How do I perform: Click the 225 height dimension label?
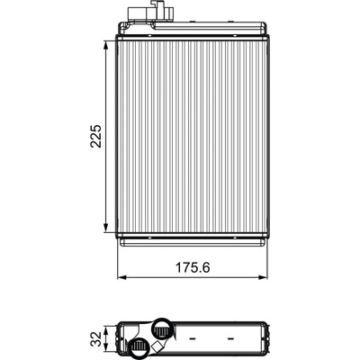96,136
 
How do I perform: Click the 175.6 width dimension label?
193,267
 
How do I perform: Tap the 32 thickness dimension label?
96,338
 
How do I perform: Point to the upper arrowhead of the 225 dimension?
105,47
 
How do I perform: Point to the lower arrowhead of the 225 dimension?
105,227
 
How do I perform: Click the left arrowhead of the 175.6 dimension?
122,277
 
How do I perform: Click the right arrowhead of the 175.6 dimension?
262,277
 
